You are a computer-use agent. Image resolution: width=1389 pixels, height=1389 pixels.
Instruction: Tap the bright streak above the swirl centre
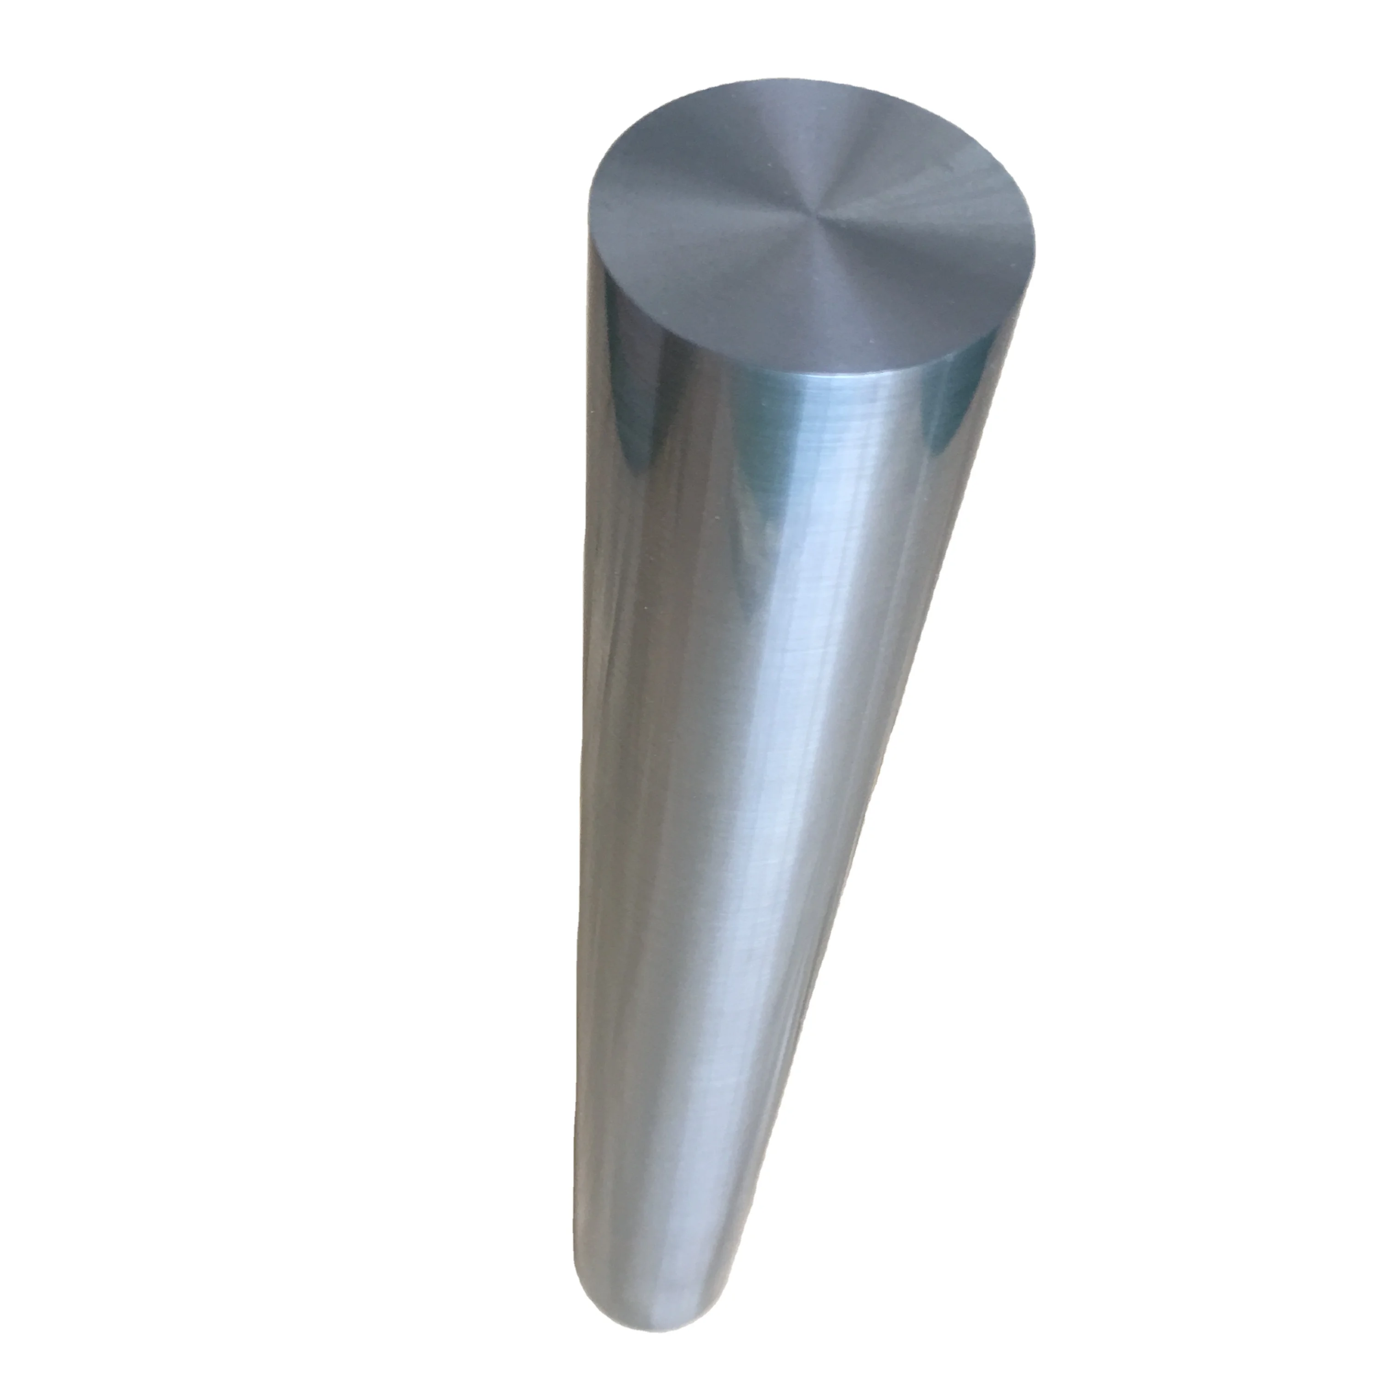(798, 144)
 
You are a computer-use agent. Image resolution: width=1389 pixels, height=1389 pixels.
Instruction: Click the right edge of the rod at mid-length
(899, 719)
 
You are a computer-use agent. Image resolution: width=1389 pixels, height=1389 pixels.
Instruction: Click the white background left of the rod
(288, 719)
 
